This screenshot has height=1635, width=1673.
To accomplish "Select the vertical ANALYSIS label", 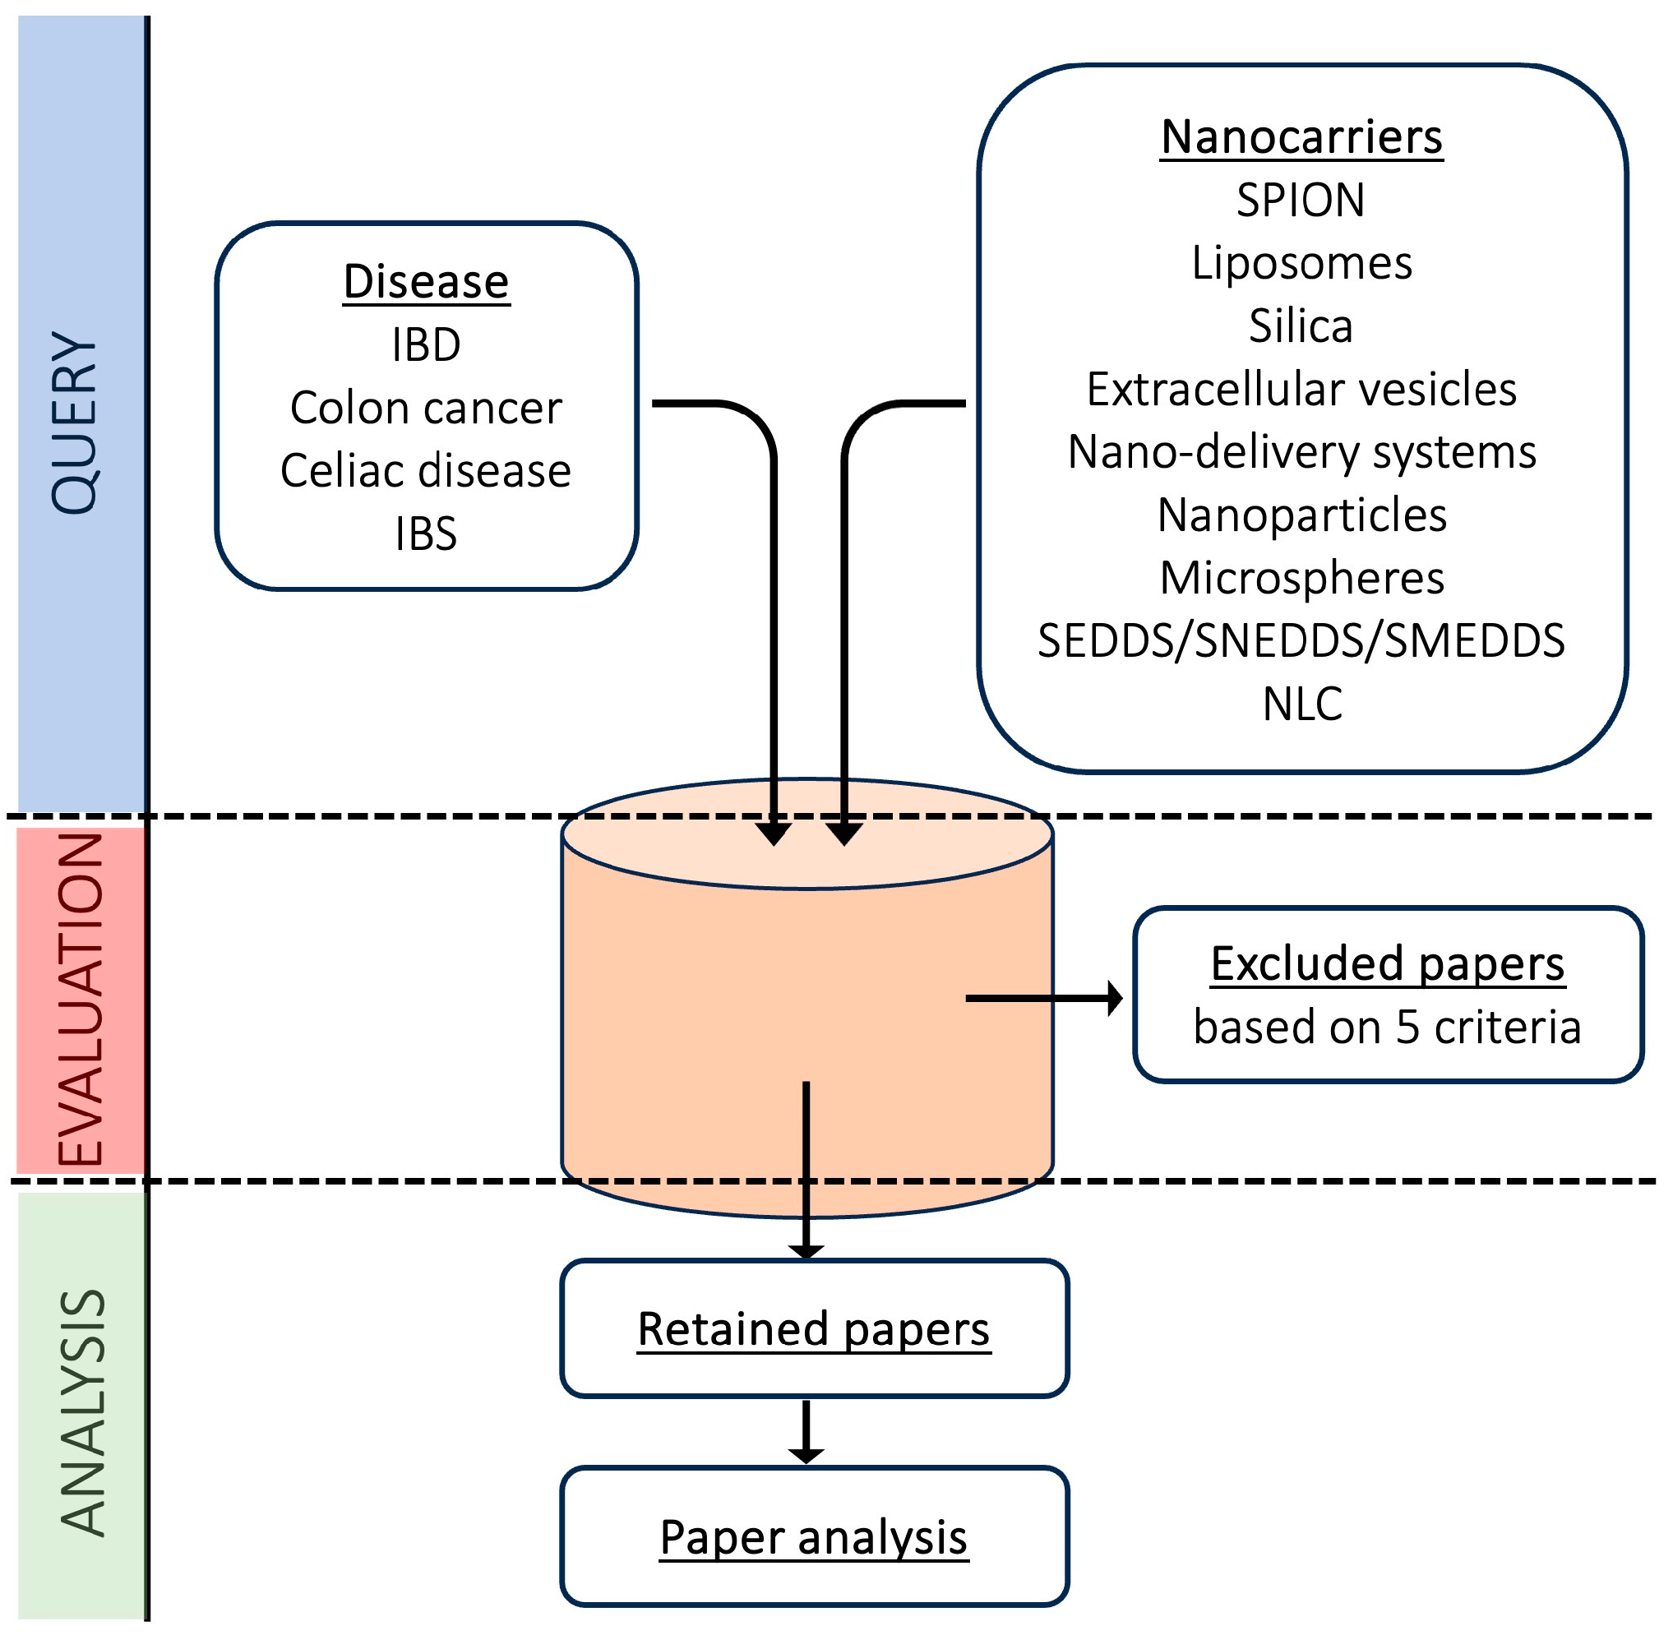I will click(x=82, y=1413).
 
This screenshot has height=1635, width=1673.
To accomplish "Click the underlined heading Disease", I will click(x=427, y=283).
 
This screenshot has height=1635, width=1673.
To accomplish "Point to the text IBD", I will click(x=427, y=345).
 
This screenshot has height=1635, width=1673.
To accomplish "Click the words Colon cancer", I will click(x=427, y=408).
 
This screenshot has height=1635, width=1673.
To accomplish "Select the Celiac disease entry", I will click(x=427, y=470).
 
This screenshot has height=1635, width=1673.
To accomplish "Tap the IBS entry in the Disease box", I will click(x=427, y=533).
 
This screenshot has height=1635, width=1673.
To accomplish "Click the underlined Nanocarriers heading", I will click(x=1303, y=137).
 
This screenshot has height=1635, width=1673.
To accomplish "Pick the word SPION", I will click(x=1302, y=200).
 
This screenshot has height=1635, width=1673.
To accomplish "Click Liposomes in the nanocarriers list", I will click(x=1303, y=263).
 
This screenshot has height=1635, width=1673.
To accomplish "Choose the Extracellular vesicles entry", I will click(x=1303, y=389).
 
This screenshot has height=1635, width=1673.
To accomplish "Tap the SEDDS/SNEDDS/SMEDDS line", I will click(x=1303, y=640).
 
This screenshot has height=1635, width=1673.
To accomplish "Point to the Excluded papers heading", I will click(x=1389, y=964).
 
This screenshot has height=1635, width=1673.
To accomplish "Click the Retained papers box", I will click(x=815, y=1329).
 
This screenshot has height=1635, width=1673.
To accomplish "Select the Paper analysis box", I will click(x=815, y=1538).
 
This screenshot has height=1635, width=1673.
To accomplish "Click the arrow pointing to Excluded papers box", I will click(x=1043, y=999).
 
